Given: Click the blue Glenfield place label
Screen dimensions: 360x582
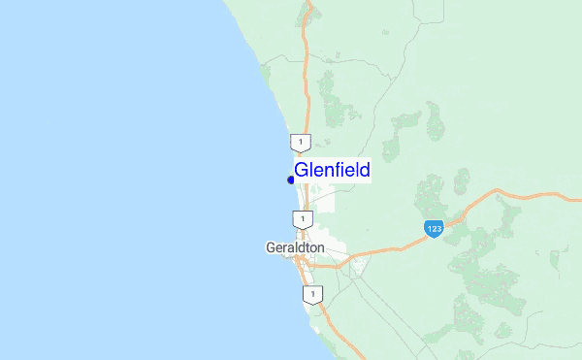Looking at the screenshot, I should [x=332, y=171].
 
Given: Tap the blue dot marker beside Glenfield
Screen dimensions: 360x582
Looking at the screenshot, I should [x=291, y=180].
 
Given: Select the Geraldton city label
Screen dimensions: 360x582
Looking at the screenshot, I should [x=295, y=247].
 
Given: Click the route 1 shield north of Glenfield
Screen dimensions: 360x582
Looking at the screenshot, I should [x=304, y=143].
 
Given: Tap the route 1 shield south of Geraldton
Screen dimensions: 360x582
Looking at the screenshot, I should [x=310, y=292].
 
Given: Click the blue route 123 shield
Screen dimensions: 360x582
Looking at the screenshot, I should [x=434, y=228].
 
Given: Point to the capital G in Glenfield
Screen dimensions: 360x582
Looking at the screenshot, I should [x=302, y=171].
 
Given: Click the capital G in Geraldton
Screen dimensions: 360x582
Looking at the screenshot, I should [x=271, y=247].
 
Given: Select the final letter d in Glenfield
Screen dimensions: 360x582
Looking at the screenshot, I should [x=364, y=171].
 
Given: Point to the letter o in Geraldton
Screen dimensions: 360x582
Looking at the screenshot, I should [x=313, y=248].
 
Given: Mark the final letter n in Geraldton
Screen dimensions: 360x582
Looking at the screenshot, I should [x=321, y=248].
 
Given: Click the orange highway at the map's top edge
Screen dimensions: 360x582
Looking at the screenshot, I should [x=310, y=3].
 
